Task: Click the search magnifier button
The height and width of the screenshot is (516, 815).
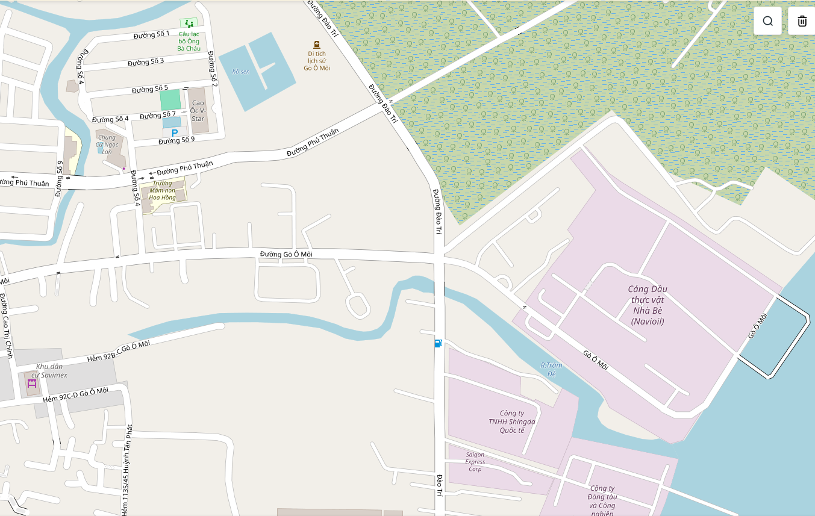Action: [x=767, y=21]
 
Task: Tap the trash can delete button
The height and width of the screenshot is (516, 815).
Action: [x=802, y=21]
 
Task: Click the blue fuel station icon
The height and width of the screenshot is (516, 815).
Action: [x=438, y=343]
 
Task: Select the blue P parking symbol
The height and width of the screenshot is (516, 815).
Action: [x=175, y=133]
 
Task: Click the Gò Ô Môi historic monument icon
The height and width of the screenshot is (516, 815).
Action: [x=317, y=45]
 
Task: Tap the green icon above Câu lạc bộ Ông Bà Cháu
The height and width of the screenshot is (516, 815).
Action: [x=189, y=23]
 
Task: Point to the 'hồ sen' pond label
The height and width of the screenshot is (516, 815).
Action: [x=241, y=72]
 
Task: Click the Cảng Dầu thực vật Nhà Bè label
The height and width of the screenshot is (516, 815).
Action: [x=648, y=305]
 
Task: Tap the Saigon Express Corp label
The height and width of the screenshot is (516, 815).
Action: [x=475, y=462]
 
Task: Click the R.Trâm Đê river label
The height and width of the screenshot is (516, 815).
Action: [x=551, y=369]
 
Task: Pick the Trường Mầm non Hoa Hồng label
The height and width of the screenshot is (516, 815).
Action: [x=163, y=190]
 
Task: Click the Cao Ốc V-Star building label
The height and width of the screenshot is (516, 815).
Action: [x=198, y=111]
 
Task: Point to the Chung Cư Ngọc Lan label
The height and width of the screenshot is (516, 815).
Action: [x=107, y=145]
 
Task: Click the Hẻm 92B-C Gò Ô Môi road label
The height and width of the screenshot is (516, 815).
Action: [x=118, y=352]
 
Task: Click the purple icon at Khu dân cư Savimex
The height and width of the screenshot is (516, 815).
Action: [x=32, y=383]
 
